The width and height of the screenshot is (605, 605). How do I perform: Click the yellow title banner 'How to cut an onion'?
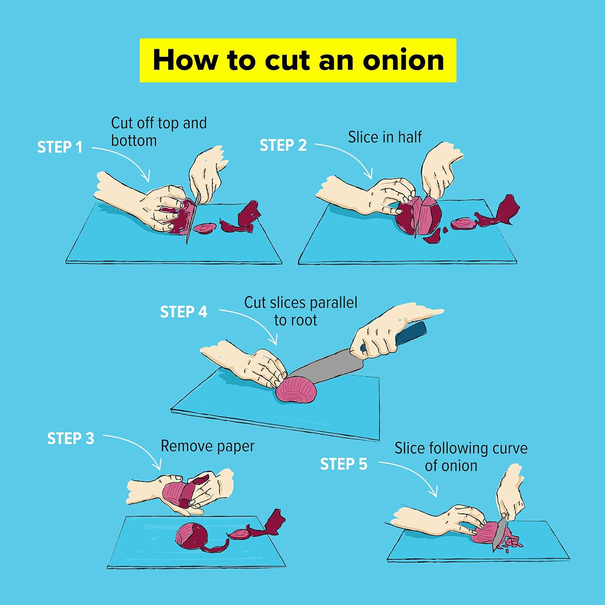click(x=298, y=60)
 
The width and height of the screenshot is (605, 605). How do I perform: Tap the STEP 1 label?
click(x=60, y=147)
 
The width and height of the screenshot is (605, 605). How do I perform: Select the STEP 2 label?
click(x=283, y=145)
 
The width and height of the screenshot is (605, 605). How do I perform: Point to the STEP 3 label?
click(x=71, y=438)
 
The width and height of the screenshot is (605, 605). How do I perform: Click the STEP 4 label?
click(x=184, y=312)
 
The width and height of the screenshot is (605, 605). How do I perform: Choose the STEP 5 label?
click(x=344, y=464)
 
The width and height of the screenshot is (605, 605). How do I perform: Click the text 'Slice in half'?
click(x=385, y=137)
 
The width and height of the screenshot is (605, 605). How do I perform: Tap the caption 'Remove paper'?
click(x=207, y=446)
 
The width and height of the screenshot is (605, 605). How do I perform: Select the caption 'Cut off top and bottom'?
click(x=159, y=131)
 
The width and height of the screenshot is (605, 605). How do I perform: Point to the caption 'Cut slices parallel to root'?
click(x=300, y=311)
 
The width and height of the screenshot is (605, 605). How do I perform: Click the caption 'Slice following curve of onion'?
click(x=461, y=457)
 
